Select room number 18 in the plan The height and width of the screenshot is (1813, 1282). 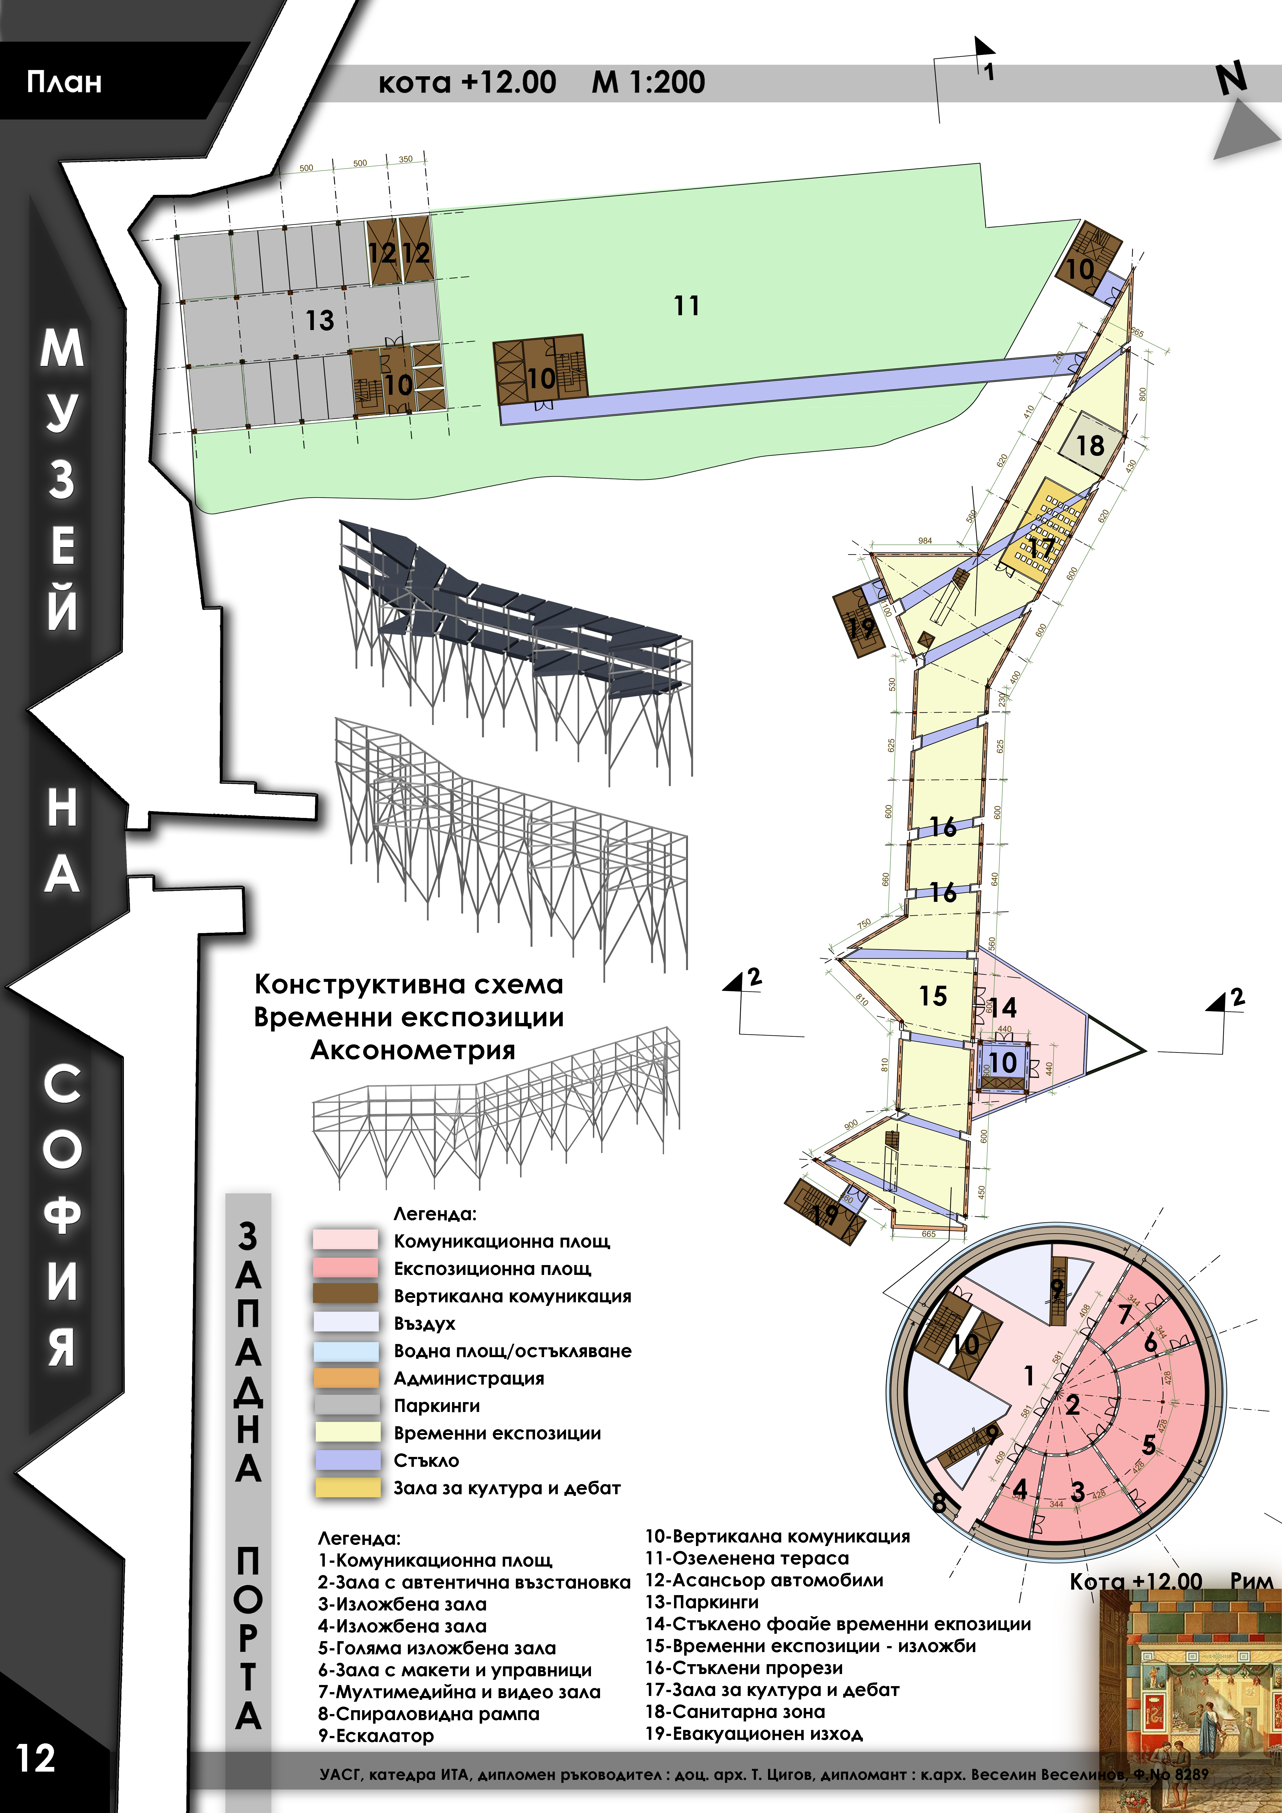pyautogui.click(x=1090, y=445)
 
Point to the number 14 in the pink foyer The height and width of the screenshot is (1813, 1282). pyautogui.click(x=1003, y=1008)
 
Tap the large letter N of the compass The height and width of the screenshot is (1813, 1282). pyautogui.click(x=1232, y=79)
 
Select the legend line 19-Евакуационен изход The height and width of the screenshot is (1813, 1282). pyautogui.click(x=754, y=1734)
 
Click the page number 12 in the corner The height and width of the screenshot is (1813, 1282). pyautogui.click(x=36, y=1758)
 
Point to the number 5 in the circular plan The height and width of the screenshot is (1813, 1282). pyautogui.click(x=1149, y=1445)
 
